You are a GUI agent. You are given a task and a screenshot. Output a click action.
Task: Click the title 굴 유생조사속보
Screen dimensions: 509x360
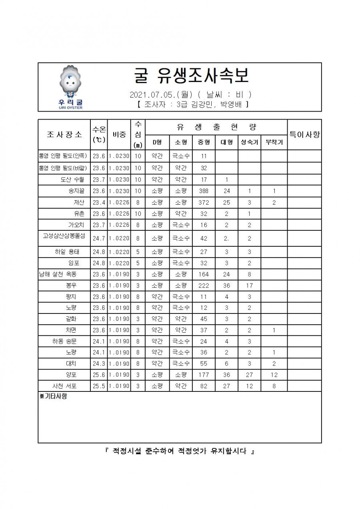[x=191, y=75]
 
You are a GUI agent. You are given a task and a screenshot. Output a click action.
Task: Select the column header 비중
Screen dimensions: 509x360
[x=119, y=134]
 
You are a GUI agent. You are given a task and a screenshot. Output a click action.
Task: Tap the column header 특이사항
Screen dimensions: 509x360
[x=304, y=134]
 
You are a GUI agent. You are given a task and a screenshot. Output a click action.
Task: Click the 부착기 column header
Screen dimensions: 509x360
[x=274, y=142]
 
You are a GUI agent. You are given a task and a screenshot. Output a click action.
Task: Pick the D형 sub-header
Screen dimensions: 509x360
[x=157, y=142]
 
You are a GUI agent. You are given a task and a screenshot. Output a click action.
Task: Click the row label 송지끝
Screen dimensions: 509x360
[x=76, y=191]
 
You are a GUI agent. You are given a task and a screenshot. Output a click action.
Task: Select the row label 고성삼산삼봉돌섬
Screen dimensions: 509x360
[x=64, y=236]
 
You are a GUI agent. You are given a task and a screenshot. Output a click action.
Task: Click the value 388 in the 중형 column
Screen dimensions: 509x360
[x=204, y=191]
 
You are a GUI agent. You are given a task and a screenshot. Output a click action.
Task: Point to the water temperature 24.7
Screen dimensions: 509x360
[x=99, y=238]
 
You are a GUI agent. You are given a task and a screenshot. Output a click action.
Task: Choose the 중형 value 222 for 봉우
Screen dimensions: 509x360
[x=204, y=285]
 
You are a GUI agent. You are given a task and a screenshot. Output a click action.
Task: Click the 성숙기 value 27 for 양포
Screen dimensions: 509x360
[x=249, y=375]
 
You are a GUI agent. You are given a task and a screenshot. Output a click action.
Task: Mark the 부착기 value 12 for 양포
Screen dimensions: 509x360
[x=274, y=375]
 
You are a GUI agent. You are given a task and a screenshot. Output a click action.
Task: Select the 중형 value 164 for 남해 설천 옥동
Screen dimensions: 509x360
[x=204, y=274]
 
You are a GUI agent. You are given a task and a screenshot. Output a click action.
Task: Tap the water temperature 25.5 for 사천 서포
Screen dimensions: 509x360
[x=99, y=386]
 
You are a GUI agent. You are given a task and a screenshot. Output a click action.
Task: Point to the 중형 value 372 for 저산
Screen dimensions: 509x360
[x=204, y=202]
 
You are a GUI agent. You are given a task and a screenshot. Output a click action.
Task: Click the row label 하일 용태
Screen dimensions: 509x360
[x=67, y=252]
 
